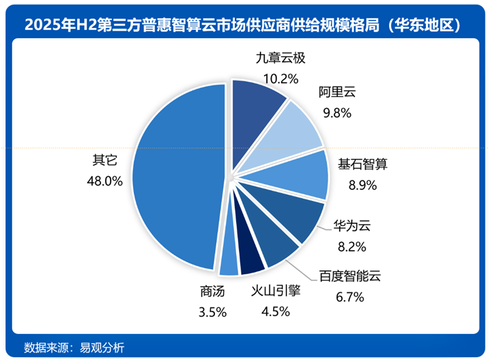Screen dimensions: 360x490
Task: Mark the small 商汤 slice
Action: (229, 262)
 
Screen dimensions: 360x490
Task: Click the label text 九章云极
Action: (276, 59)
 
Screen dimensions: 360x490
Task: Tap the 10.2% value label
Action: (276, 79)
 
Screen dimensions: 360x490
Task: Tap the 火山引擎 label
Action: (276, 292)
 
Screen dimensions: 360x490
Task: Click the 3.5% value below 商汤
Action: (212, 311)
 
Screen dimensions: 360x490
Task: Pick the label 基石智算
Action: (362, 165)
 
